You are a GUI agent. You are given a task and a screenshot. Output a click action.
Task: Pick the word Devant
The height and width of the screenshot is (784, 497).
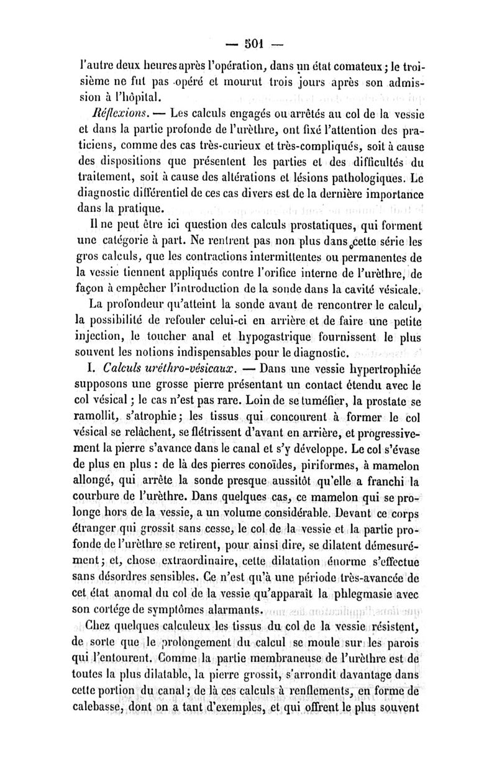tap(352, 513)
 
